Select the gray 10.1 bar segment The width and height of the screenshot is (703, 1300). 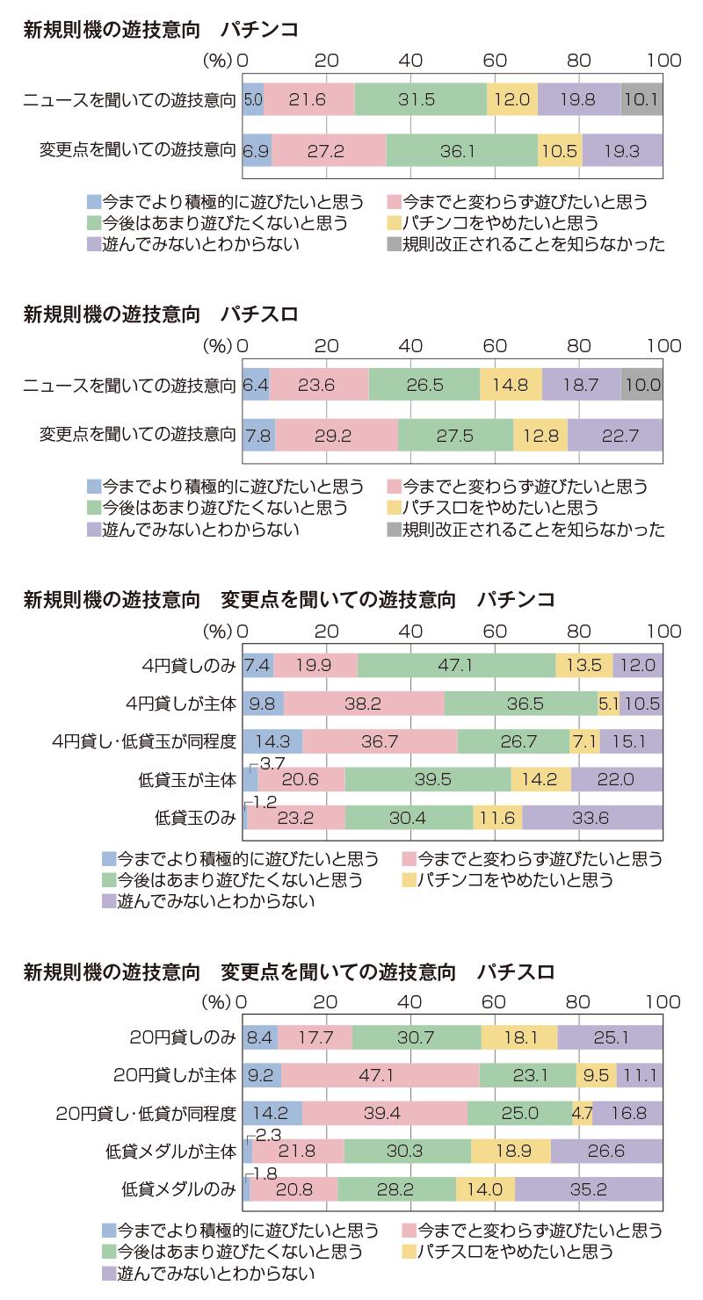[641, 99]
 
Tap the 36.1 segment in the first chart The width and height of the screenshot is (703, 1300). [461, 151]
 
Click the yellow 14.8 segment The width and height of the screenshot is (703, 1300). [511, 385]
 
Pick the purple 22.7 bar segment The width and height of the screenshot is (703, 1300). [615, 436]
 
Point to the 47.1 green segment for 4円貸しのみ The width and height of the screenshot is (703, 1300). [456, 665]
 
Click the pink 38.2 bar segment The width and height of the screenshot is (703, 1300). [364, 703]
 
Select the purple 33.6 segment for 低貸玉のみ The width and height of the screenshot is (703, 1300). [592, 817]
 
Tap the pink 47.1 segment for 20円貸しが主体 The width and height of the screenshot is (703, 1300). [380, 1073]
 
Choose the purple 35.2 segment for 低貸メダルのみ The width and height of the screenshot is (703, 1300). [589, 1189]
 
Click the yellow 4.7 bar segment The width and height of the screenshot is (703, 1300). [582, 1113]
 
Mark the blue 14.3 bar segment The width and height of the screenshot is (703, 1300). [272, 741]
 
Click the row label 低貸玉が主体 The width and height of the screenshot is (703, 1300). [186, 779]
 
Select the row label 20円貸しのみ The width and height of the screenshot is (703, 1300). [182, 1037]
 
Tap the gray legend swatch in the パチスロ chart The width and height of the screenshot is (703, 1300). [393, 530]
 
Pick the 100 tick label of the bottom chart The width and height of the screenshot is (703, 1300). [663, 1001]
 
